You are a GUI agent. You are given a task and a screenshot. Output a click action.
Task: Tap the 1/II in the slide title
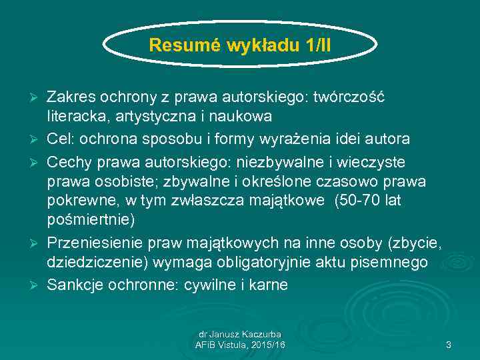click(317, 45)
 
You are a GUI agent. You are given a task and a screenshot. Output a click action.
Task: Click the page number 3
click(449, 345)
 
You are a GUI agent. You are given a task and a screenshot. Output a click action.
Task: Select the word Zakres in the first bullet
click(67, 97)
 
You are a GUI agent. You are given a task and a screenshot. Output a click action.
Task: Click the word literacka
click(75, 116)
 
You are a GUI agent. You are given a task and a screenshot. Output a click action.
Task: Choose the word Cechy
click(69, 163)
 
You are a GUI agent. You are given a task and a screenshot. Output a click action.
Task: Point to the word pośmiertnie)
click(91, 219)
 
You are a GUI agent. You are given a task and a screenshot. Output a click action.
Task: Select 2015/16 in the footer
click(269, 344)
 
